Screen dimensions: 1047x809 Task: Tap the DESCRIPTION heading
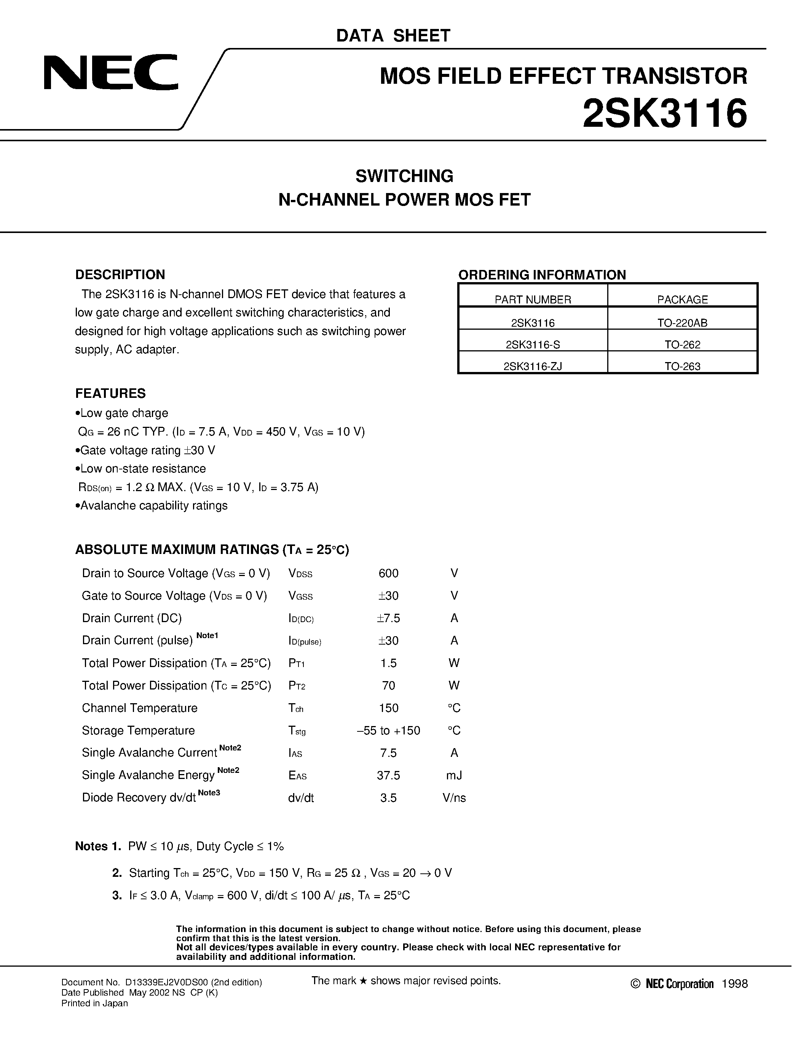(x=120, y=274)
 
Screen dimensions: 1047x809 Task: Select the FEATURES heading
(x=110, y=393)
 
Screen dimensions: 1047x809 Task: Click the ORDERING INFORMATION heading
(x=542, y=275)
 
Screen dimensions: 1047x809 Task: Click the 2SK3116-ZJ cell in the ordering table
(x=533, y=366)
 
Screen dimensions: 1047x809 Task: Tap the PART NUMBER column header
(x=533, y=300)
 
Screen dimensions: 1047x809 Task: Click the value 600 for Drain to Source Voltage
(x=388, y=573)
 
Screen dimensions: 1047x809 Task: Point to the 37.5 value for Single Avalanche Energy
(x=388, y=775)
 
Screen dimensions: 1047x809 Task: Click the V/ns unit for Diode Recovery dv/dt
(x=454, y=798)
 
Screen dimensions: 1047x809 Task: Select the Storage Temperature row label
(x=138, y=730)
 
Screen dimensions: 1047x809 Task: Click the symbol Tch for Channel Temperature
(x=296, y=708)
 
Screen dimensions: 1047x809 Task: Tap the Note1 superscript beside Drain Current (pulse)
(x=207, y=635)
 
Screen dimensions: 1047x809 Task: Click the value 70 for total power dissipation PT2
(x=388, y=686)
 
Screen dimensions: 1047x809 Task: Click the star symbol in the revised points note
(x=363, y=981)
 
